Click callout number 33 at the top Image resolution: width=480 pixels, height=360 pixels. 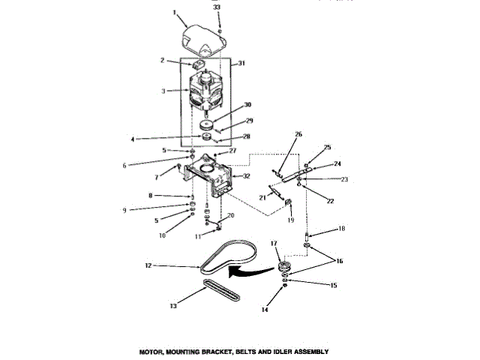(218, 7)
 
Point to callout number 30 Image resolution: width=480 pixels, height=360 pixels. (247, 106)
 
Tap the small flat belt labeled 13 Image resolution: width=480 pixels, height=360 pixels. (221, 292)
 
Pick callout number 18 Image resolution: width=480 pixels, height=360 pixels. (321, 228)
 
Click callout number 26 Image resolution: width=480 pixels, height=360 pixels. (276, 135)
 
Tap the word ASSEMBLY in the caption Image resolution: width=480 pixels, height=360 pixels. (307, 351)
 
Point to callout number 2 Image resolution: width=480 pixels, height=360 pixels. (161, 61)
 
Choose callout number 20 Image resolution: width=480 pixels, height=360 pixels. (230, 215)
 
